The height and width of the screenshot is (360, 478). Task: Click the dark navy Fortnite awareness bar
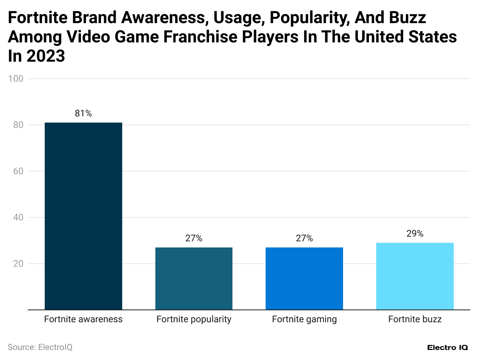click(83, 216)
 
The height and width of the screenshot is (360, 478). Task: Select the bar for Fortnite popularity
click(194, 278)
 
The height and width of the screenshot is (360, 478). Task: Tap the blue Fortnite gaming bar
click(304, 278)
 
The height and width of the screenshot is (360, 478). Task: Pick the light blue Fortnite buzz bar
click(415, 276)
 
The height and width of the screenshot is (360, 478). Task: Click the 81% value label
click(83, 114)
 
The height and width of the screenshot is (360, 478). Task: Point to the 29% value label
click(415, 234)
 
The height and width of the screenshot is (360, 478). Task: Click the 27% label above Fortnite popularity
click(194, 239)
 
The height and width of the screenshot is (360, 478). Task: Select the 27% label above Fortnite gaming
click(304, 239)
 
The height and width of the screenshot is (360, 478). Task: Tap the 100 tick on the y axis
click(16, 79)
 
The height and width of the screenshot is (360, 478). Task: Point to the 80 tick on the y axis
click(18, 125)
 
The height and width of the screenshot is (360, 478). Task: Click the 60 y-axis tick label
click(18, 171)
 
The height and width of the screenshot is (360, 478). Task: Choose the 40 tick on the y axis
click(18, 217)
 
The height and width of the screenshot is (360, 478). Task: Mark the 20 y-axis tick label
click(18, 264)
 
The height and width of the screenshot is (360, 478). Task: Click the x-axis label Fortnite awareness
click(83, 320)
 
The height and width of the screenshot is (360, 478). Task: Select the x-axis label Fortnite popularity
click(194, 320)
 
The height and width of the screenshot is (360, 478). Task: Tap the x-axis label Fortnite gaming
click(304, 320)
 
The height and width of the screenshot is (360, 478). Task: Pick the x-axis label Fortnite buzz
click(415, 320)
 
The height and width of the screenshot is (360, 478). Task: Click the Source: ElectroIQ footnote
click(40, 347)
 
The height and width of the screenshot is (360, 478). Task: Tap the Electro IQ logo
click(448, 347)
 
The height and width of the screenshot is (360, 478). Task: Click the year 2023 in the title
click(45, 56)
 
